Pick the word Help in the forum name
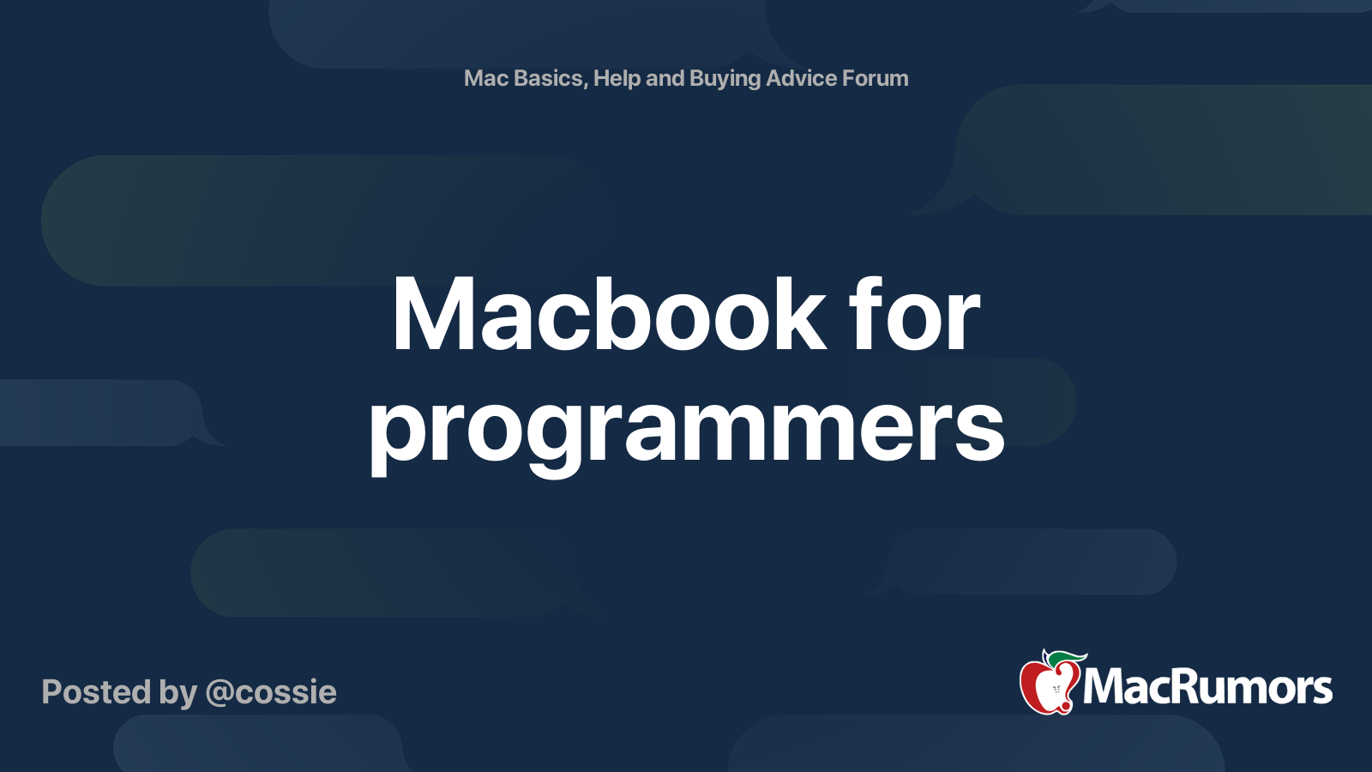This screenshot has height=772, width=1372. (617, 78)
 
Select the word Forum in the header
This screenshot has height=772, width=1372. (875, 78)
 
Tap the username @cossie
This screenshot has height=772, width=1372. (271, 692)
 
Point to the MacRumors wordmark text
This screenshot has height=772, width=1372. (1207, 687)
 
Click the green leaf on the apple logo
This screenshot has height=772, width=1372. (1063, 657)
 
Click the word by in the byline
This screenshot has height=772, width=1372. (178, 693)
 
